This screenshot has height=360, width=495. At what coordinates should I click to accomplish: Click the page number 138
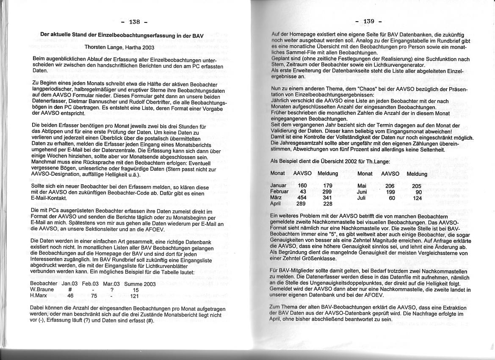[x=135, y=22]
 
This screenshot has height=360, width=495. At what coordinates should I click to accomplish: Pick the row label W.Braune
[x=42, y=290]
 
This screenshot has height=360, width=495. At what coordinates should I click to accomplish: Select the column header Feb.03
[x=90, y=284]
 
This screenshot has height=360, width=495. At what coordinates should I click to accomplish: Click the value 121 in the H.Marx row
[x=135, y=296]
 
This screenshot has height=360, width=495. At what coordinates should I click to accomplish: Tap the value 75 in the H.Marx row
[x=94, y=296]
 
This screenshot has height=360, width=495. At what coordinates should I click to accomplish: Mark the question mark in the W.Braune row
[x=112, y=290]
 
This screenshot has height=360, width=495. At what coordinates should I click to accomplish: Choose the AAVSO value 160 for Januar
[x=302, y=186]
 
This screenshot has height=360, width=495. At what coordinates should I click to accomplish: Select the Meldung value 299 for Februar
[x=327, y=191]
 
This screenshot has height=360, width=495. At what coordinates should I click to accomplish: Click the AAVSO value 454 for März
[x=302, y=197]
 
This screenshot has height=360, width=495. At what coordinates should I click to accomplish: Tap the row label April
[x=276, y=204]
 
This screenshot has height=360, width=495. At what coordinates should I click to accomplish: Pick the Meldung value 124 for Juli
[x=418, y=198]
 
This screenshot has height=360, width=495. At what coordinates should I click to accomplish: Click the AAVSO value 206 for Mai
[x=390, y=186]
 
